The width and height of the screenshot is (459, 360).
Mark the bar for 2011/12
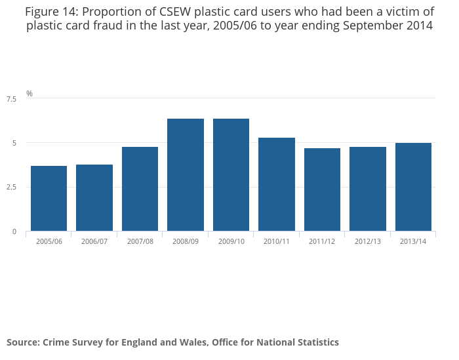click(x=322, y=190)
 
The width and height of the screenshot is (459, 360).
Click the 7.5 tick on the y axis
click(x=11, y=99)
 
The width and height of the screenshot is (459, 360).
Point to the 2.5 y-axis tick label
click(x=11, y=188)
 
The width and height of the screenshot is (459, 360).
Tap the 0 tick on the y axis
click(x=14, y=231)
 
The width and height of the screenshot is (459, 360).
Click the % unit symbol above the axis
click(x=30, y=94)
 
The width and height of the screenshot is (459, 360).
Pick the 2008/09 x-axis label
click(x=186, y=241)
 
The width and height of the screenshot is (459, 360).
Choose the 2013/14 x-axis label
click(x=413, y=241)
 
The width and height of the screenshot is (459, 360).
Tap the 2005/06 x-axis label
click(x=49, y=241)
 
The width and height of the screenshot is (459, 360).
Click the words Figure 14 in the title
click(x=52, y=11)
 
